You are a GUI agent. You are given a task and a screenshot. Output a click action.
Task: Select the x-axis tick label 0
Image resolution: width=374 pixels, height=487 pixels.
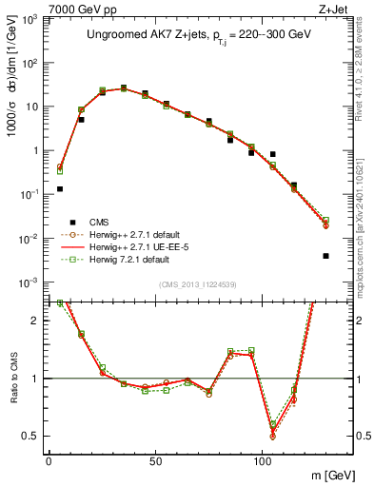pos(49,461)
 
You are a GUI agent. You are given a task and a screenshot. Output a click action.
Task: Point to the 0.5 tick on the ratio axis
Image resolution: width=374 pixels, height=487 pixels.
pos(30,436)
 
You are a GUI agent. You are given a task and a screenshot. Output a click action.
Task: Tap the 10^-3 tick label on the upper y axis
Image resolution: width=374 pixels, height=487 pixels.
pos(27,282)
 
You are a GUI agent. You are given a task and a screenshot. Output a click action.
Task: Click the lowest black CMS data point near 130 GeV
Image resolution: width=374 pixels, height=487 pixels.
pos(325,256)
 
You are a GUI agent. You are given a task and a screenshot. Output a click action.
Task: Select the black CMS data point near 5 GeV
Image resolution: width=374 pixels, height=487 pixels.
pos(60,189)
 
